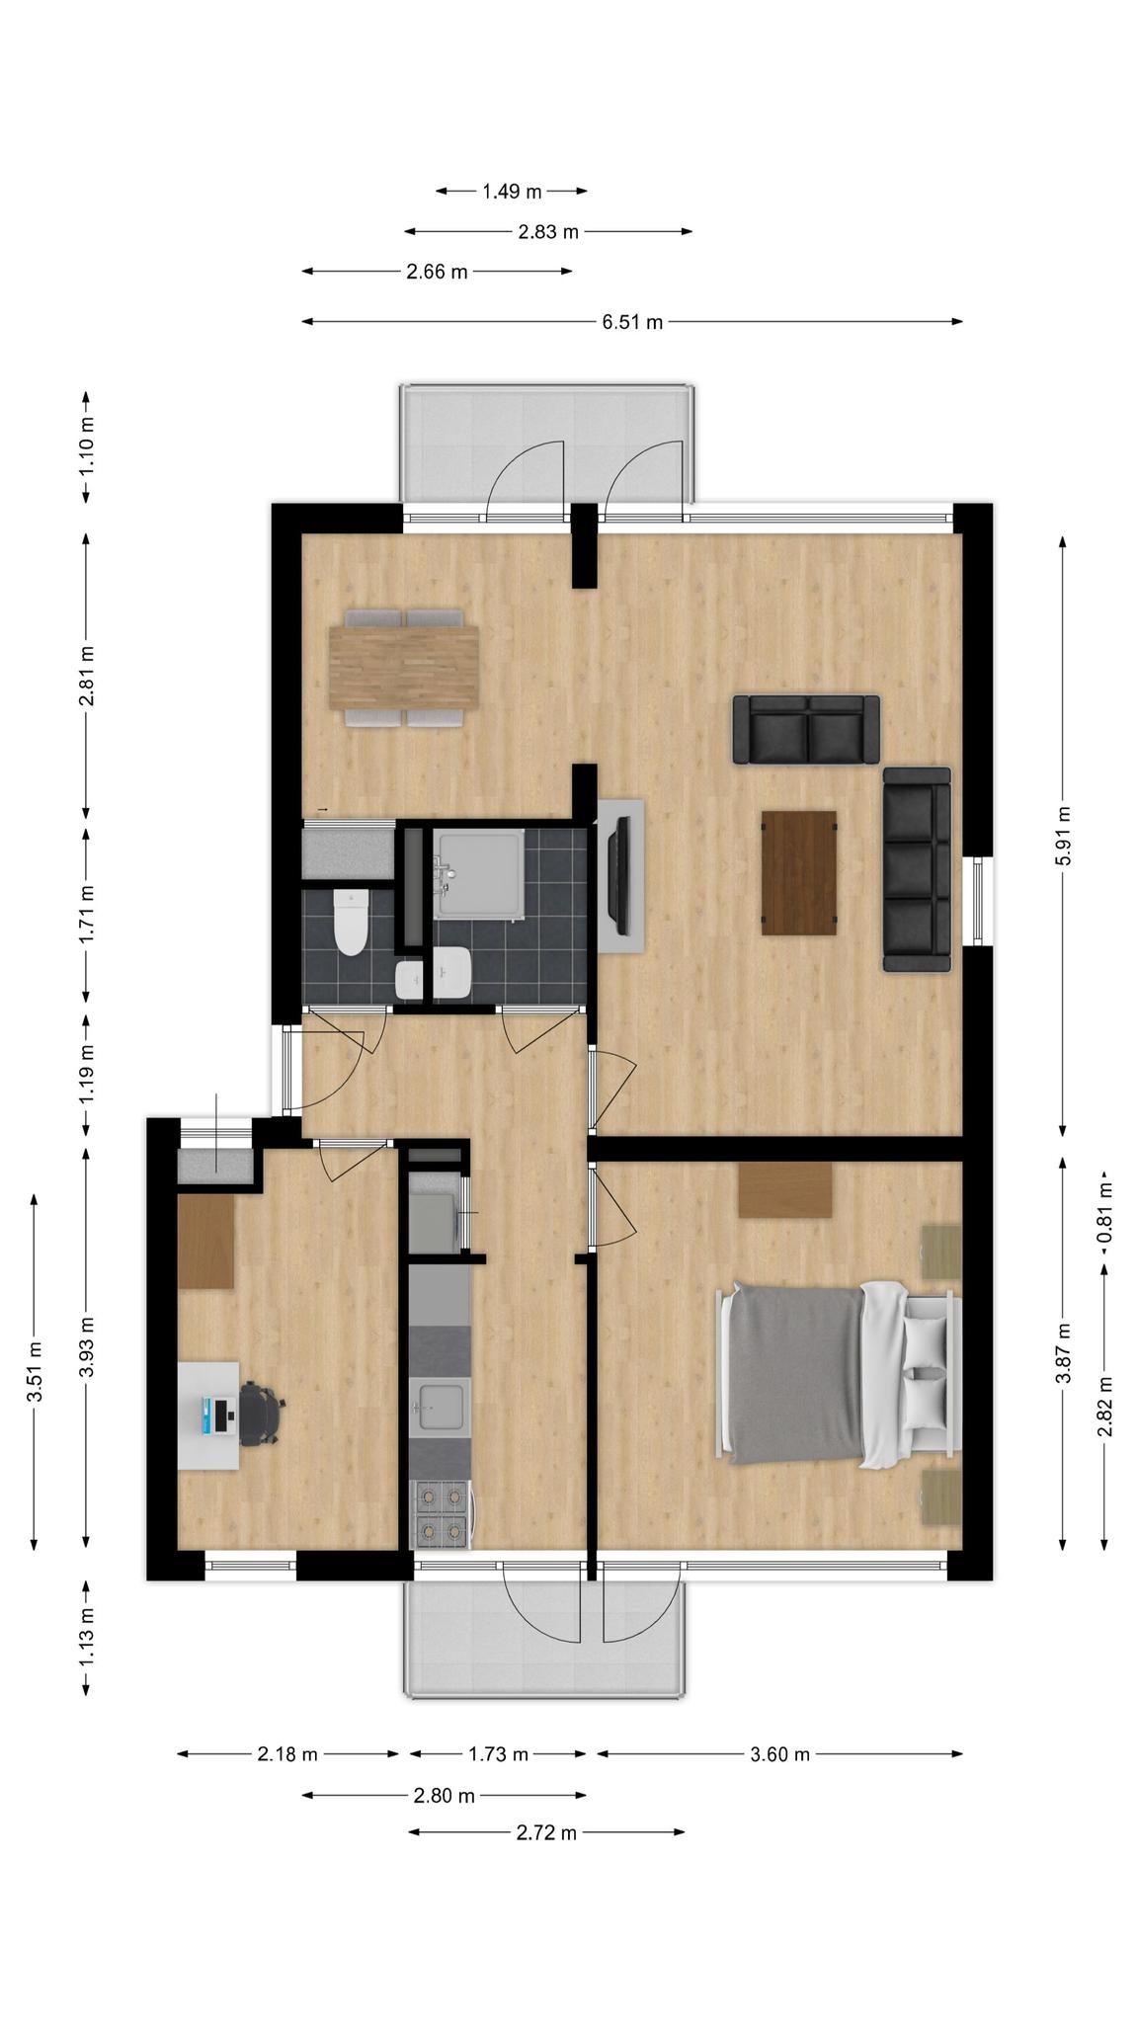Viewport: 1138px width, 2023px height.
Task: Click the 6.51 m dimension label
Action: tap(632, 322)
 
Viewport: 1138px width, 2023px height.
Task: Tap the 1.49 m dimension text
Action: tap(512, 192)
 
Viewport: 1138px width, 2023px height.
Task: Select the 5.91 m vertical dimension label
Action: tap(1063, 836)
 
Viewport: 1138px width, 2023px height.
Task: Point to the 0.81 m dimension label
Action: tap(1104, 1212)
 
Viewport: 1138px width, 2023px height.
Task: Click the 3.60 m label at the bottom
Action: tap(780, 1754)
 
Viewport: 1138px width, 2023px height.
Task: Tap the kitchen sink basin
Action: tap(441, 1407)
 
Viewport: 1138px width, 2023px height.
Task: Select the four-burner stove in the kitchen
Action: tap(441, 1514)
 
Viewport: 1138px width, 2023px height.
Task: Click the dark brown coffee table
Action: tap(799, 872)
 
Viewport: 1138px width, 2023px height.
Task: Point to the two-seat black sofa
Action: tap(806, 729)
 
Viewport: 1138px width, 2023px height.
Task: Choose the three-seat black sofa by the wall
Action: tap(917, 869)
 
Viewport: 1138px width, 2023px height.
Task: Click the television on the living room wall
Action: tap(621, 875)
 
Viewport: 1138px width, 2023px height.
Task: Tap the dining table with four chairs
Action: tap(405, 669)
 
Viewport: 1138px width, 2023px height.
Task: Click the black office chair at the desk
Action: tap(261, 1415)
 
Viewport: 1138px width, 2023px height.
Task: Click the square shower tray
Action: tap(478, 875)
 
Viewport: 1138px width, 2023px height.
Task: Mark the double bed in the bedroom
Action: tap(840, 1374)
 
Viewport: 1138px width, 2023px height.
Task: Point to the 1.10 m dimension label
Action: tap(87, 446)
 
